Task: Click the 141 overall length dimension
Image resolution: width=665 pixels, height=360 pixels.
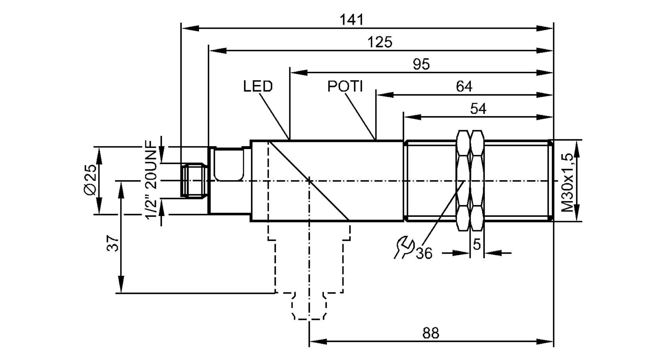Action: click(351, 20)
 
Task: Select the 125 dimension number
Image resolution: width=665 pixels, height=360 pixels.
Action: click(380, 42)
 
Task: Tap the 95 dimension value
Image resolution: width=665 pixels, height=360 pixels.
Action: click(421, 64)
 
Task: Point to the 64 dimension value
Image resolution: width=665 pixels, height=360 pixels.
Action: click(464, 86)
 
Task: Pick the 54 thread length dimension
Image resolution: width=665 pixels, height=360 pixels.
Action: click(478, 109)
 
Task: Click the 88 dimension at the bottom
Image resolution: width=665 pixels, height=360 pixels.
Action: click(431, 333)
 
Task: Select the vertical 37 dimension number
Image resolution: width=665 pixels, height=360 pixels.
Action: click(113, 243)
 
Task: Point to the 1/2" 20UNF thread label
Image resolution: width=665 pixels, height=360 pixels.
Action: click(151, 180)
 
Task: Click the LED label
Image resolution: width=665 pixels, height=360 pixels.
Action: click(258, 86)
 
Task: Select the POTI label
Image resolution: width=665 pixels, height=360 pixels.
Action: click(345, 86)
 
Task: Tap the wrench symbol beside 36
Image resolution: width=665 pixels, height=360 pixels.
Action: click(404, 247)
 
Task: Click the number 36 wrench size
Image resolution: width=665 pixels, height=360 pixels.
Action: click(424, 254)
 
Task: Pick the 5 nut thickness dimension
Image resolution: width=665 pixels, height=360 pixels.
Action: click(476, 245)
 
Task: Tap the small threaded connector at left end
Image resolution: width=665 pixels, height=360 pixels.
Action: click(192, 180)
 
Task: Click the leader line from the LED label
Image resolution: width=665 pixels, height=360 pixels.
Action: click(274, 116)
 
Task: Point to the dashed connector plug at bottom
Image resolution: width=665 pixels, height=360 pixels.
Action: click(309, 306)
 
